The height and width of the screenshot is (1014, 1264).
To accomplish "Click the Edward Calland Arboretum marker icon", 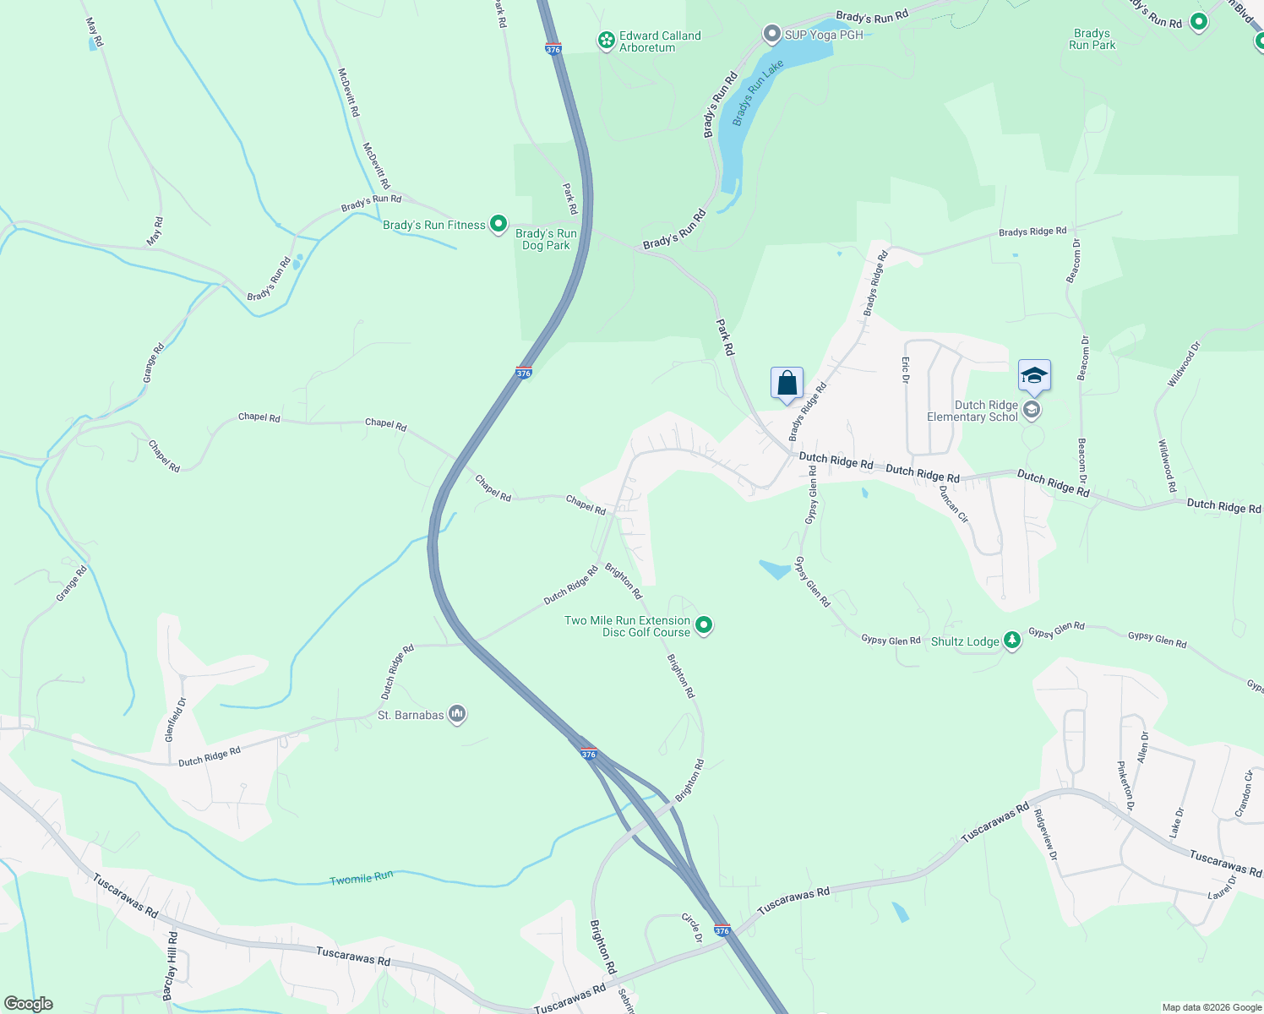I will pos(606,41).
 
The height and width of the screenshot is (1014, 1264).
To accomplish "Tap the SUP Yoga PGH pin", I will pos(771,35).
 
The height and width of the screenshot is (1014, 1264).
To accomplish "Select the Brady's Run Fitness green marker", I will pos(499,225).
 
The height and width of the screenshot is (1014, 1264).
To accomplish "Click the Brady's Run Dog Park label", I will pos(546,239).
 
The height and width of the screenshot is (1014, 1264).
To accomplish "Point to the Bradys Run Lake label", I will pos(758,93).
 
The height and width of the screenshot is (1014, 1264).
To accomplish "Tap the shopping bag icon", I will pos(787,384).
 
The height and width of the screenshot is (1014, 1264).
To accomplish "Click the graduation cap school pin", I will pos(1034,376).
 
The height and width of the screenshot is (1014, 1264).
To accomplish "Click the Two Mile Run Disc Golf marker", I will pos(704,626).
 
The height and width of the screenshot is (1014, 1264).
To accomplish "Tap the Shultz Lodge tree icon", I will pos(1012,641).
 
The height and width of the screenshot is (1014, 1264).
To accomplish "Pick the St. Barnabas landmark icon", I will pos(457,715).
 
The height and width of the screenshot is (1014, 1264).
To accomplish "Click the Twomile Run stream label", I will pos(361,879).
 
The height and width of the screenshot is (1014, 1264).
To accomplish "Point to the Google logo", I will pos(29,1004).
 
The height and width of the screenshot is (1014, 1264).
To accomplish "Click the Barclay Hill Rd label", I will pos(171,966).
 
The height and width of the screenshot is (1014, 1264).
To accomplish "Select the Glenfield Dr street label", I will pos(175,719).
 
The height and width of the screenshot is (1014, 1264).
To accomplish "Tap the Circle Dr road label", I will pos(693,927).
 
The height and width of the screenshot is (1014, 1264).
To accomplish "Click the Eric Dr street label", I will pos(905,369).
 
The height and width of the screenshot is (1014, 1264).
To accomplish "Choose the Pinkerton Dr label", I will pos(1125,785).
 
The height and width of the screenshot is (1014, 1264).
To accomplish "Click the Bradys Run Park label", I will pos(1092,39).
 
